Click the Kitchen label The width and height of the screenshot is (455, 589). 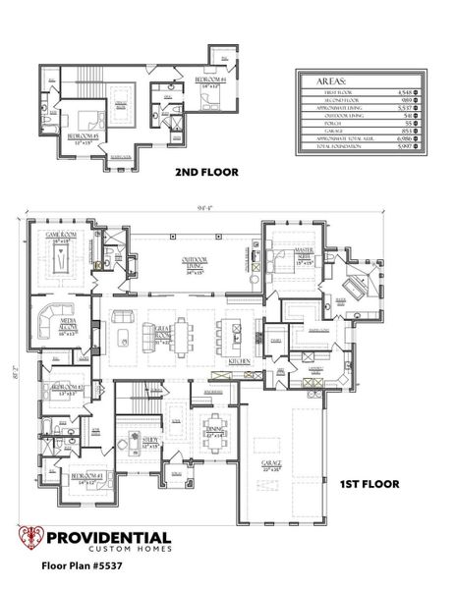tap(241, 362)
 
